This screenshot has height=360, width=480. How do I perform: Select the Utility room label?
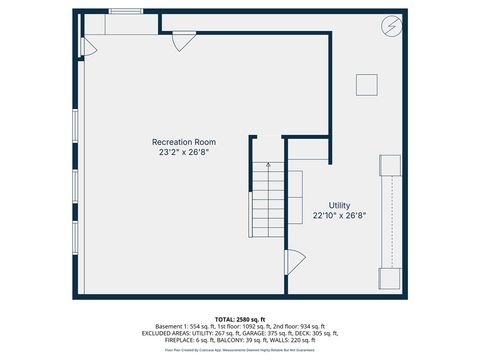(339, 205)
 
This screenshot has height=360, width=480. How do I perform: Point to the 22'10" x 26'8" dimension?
(339, 216)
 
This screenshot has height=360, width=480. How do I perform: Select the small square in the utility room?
(367, 85)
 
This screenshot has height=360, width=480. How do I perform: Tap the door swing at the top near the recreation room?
(183, 41)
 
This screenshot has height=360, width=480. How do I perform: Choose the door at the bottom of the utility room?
(294, 261)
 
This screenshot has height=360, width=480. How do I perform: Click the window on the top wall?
(125, 11)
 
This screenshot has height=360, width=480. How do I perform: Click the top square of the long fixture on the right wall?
(389, 166)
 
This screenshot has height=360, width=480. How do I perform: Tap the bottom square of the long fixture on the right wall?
(389, 278)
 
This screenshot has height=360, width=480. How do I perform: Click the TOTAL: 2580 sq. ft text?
(239, 317)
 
